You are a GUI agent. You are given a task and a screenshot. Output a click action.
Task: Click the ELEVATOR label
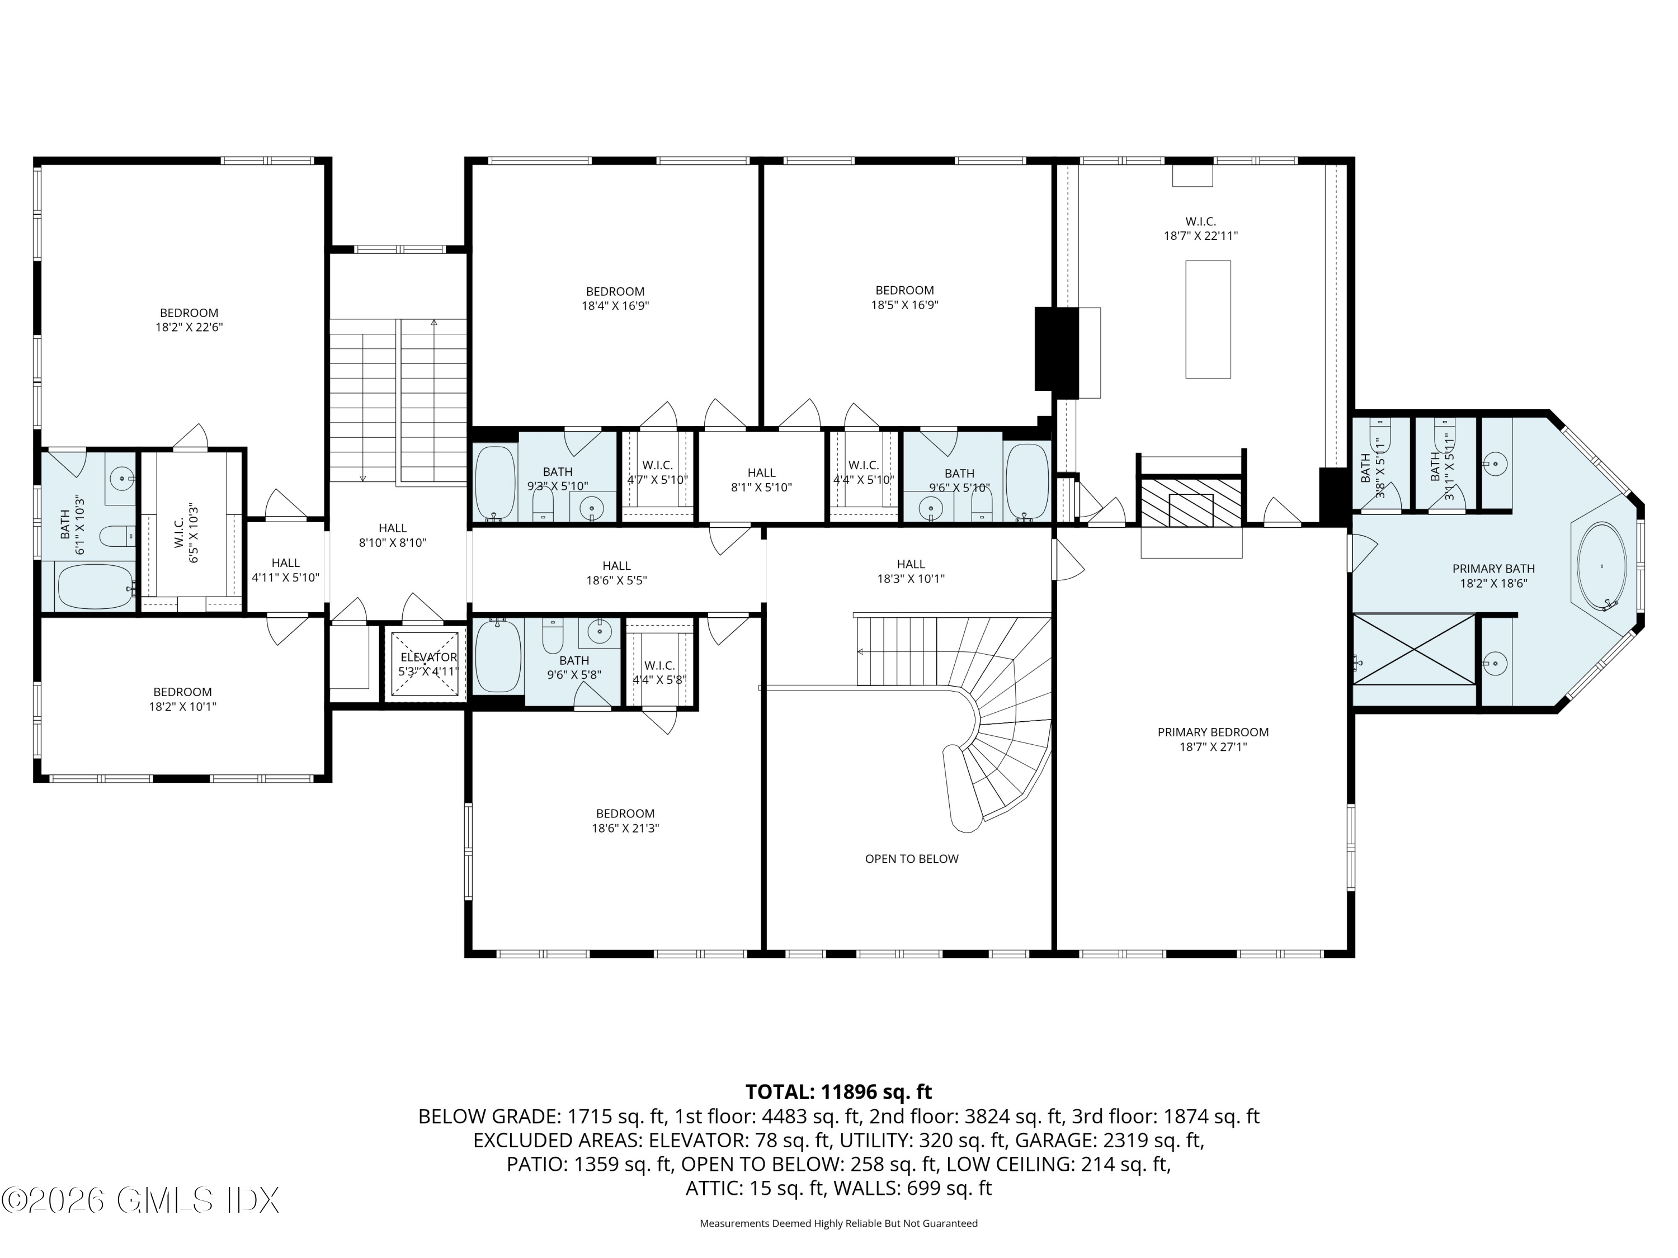pyautogui.click(x=428, y=658)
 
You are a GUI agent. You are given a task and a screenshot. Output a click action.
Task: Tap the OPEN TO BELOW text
pyautogui.click(x=911, y=859)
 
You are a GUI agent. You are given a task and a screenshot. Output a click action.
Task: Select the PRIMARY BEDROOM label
pyautogui.click(x=1212, y=732)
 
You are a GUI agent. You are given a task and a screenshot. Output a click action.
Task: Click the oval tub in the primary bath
pyautogui.click(x=1601, y=566)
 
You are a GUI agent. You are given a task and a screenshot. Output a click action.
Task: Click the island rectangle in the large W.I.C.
pyautogui.click(x=1208, y=319)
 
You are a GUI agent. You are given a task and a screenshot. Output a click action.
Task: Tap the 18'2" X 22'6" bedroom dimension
pyautogui.click(x=189, y=328)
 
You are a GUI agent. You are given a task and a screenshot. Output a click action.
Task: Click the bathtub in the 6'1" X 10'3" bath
pyautogui.click(x=95, y=586)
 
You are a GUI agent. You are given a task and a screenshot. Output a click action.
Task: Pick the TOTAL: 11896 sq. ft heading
pyautogui.click(x=838, y=1092)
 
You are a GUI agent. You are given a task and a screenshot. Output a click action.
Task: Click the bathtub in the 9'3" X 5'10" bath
pyautogui.click(x=494, y=483)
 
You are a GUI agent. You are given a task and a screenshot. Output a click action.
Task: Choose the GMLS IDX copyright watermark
pyautogui.click(x=141, y=1200)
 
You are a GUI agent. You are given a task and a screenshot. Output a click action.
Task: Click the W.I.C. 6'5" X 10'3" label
pyautogui.click(x=187, y=534)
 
